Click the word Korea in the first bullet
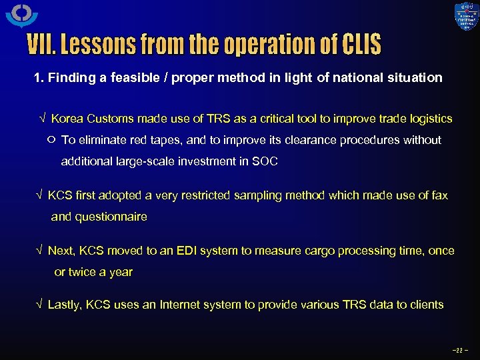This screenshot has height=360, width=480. click(x=66, y=119)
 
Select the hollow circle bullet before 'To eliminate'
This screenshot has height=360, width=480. click(x=52, y=140)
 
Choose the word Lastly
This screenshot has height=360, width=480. click(x=64, y=305)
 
